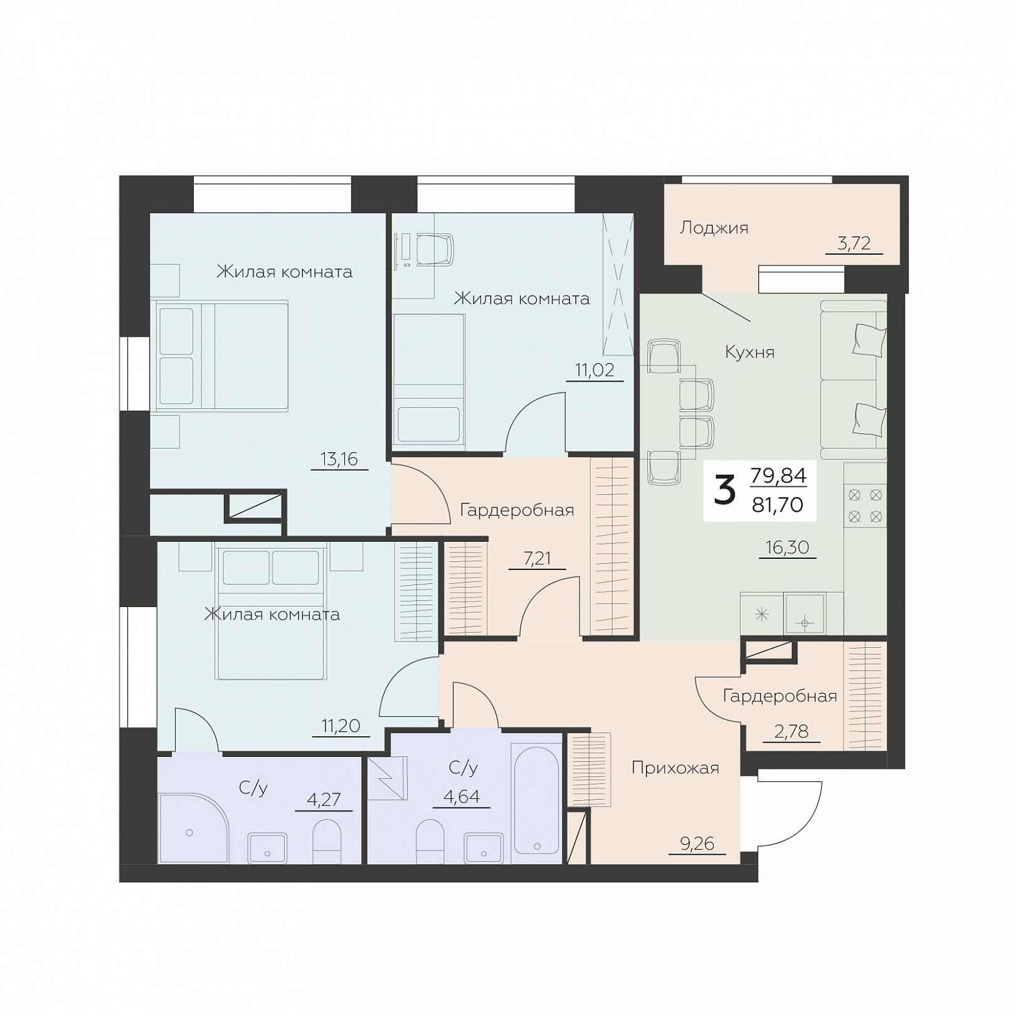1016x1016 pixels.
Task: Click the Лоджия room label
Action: click(714, 228)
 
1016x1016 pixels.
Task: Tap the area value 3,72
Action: click(854, 243)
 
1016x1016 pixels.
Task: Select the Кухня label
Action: click(749, 352)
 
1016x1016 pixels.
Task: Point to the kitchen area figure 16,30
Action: click(787, 548)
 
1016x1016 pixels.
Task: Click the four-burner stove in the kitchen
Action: click(865, 504)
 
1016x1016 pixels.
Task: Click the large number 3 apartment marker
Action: click(724, 490)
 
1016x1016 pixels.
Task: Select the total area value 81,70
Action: click(778, 504)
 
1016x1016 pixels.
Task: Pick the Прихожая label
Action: click(675, 768)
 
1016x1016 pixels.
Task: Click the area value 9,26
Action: click(697, 844)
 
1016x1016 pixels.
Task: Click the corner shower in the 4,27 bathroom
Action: click(194, 828)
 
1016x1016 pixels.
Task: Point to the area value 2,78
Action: click(791, 731)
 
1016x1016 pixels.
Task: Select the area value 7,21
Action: click(537, 558)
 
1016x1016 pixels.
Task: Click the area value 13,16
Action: click(339, 459)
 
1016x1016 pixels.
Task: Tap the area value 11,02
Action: click(595, 370)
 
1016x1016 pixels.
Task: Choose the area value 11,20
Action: click(341, 726)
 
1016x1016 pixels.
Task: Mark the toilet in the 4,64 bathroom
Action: click(430, 841)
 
